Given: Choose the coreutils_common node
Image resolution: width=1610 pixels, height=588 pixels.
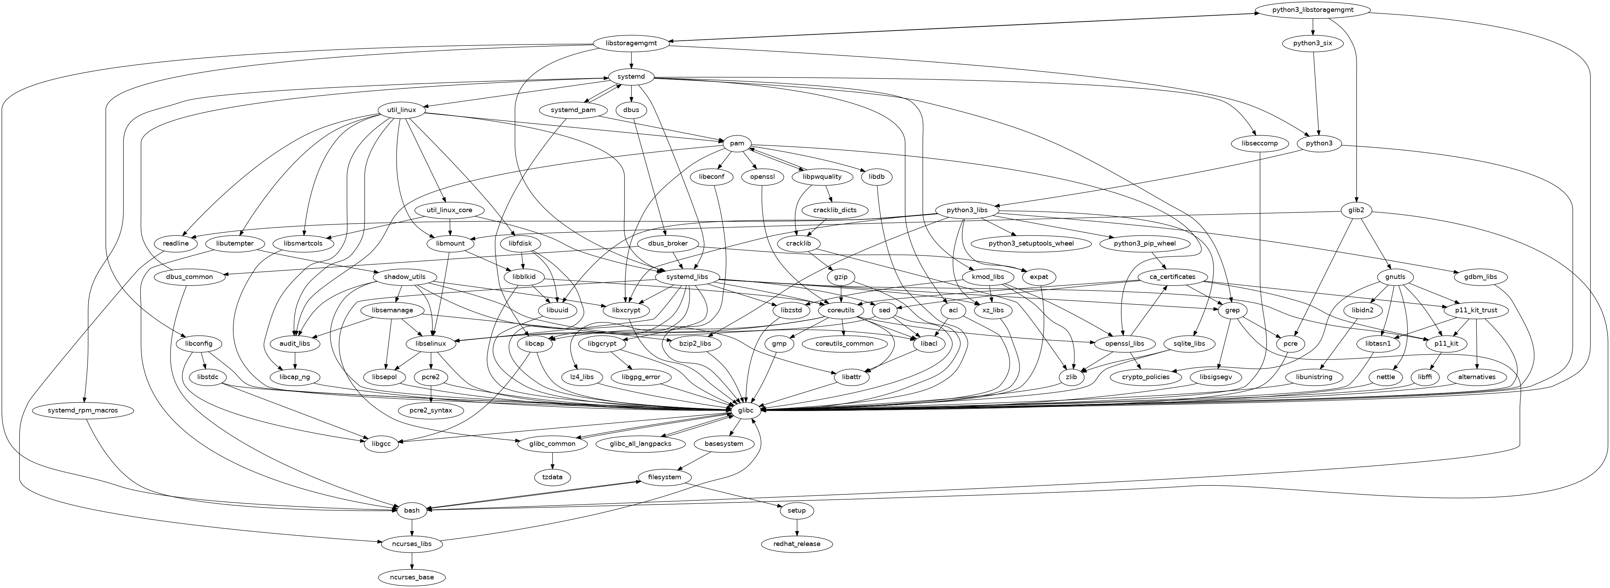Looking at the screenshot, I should click(844, 344).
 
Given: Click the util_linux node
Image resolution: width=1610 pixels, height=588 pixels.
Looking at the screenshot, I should click(401, 110).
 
